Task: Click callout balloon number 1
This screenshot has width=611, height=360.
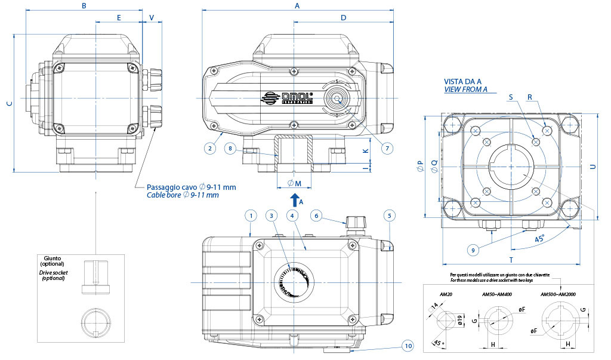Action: click(252, 215)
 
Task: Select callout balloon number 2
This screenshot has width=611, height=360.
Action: click(209, 148)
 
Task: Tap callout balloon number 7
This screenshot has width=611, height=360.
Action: click(387, 148)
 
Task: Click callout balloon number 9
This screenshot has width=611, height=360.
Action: click(474, 251)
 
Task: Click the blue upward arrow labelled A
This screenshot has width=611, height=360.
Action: click(293, 197)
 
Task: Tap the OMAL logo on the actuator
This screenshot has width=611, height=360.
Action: click(289, 98)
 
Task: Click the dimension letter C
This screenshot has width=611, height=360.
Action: click(9, 103)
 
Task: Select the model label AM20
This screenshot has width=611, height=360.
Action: click(446, 294)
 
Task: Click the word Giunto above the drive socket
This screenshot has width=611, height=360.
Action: click(52, 257)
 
